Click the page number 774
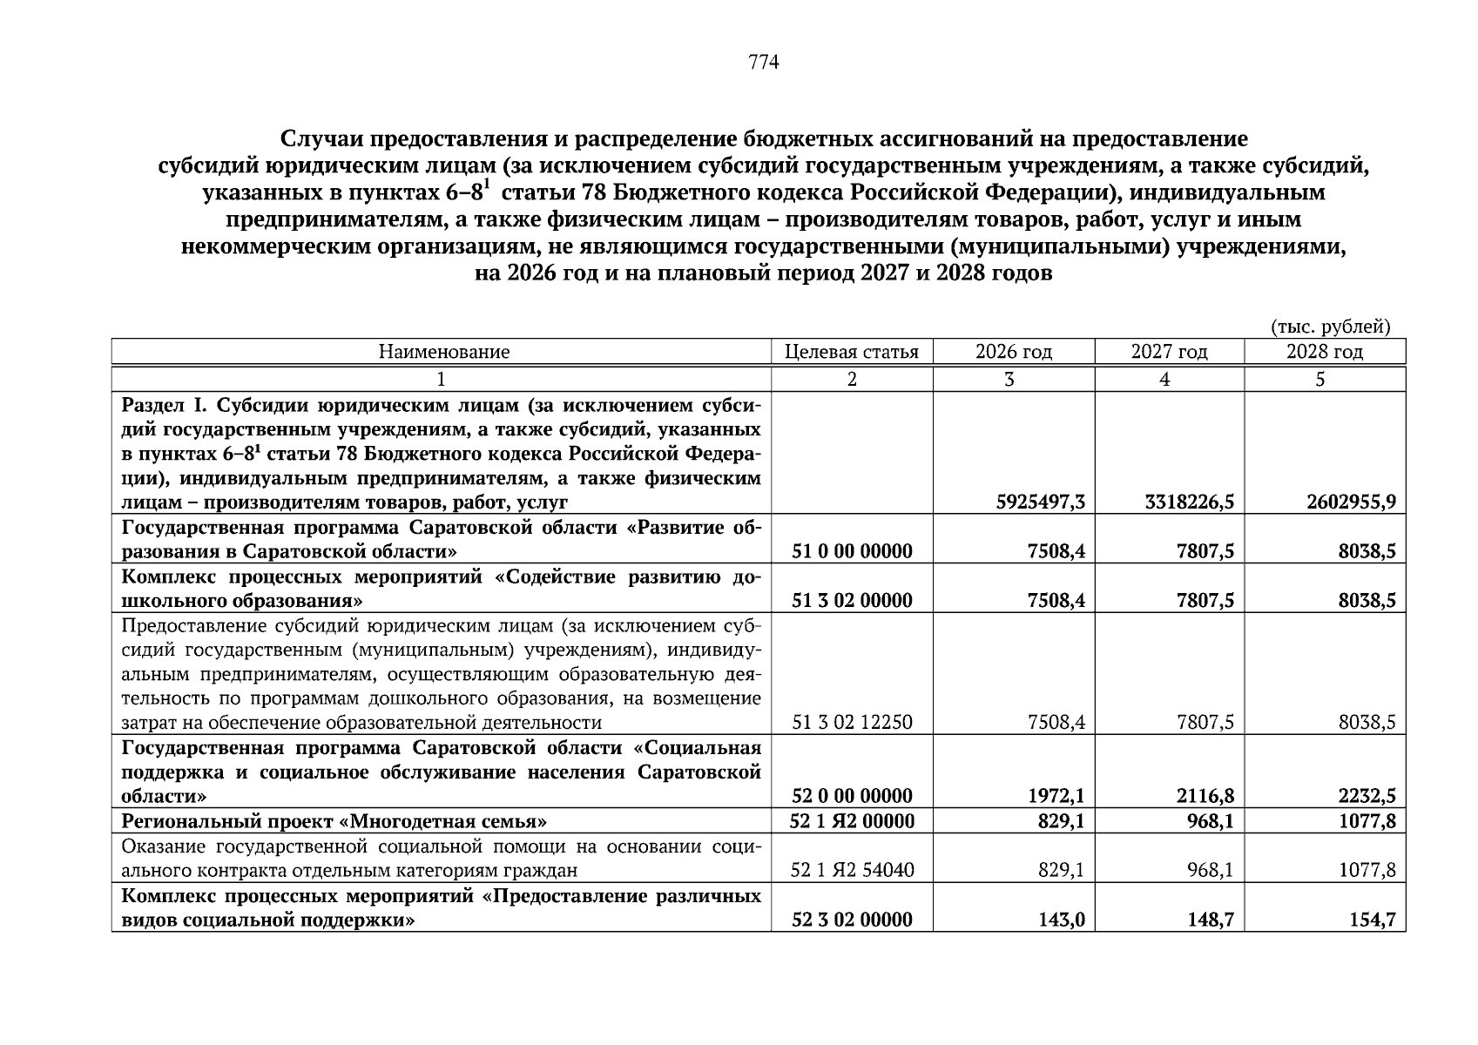[x=763, y=63]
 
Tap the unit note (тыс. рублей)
[x=1330, y=327]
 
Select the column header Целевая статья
[x=851, y=352]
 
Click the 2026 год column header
[x=1013, y=352]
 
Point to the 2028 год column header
[x=1324, y=352]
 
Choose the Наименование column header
[x=443, y=352]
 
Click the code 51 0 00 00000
[x=853, y=551]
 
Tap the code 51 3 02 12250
[x=853, y=723]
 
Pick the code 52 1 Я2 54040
[x=853, y=870]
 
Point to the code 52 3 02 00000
[x=853, y=920]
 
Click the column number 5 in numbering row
[x=1320, y=379]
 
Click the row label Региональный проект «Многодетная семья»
[x=334, y=821]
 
